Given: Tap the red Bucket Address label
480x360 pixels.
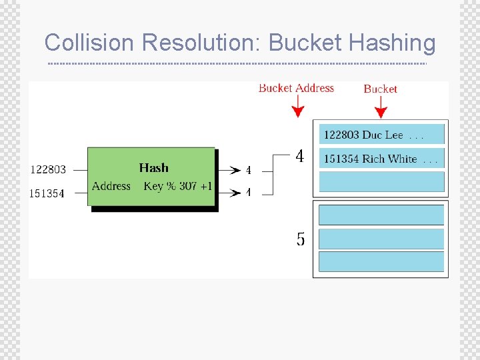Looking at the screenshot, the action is click(296, 88).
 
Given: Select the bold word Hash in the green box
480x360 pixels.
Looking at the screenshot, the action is click(153, 168).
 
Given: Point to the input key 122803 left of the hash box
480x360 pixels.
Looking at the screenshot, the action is click(48, 169).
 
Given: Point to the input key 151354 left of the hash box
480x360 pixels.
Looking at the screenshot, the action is click(47, 193).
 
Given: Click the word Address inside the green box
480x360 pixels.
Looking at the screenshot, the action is click(111, 186).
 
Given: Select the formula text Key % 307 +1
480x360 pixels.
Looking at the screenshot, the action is click(177, 186).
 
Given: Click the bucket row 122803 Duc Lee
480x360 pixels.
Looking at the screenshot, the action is click(381, 135).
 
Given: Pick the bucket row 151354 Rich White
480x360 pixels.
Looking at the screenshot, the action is click(381, 159).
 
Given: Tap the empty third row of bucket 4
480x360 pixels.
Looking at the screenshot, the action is click(381, 181).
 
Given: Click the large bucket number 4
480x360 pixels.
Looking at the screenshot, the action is click(300, 156).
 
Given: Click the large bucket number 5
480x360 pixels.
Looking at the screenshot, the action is click(301, 239).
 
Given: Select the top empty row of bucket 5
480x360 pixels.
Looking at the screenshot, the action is click(381, 215).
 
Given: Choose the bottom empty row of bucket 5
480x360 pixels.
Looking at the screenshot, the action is click(381, 261).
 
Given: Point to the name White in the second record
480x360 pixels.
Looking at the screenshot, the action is click(402, 159).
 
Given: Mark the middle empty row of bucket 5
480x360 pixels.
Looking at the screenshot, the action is click(381, 238).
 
